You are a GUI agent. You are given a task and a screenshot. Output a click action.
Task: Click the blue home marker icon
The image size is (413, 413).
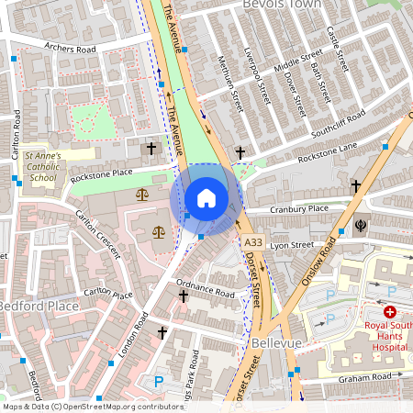pos(206,198)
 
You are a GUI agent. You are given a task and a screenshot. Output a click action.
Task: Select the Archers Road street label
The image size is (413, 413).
pos(62,47)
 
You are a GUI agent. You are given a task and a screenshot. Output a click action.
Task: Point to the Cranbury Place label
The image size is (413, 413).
pos(299,209)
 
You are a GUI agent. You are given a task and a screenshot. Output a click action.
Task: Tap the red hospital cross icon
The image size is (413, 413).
pos(389,313)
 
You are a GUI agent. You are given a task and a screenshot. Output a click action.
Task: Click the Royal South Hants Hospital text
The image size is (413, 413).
pos(388,336)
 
